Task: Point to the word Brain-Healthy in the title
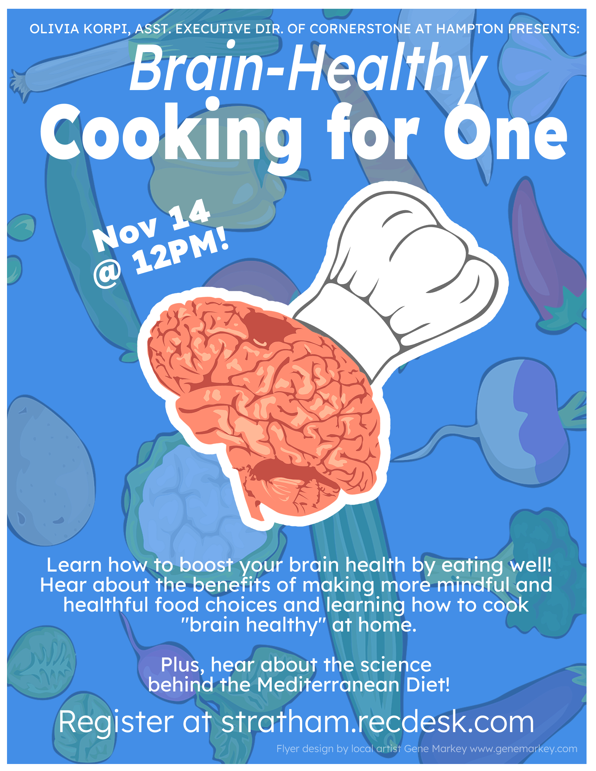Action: [307, 69]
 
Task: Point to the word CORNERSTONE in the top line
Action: [360, 29]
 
